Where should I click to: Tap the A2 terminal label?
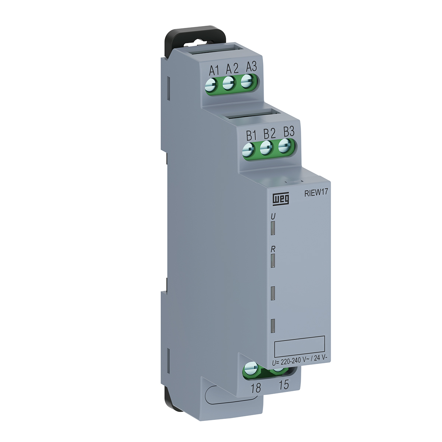(x=232, y=68)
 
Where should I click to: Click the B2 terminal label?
(x=269, y=133)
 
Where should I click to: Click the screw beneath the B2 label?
(x=266, y=148)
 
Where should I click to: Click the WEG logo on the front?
(x=281, y=199)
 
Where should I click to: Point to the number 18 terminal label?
(x=255, y=387)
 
